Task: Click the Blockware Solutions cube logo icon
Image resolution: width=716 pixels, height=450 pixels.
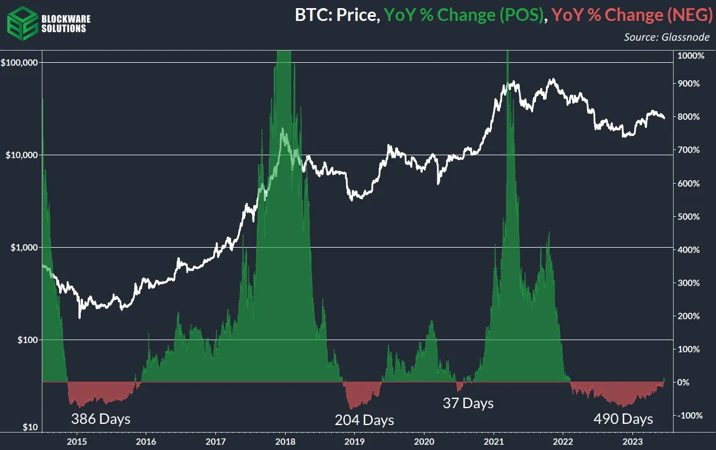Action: coord(21,22)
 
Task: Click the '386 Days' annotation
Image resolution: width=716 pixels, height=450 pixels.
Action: coord(100,419)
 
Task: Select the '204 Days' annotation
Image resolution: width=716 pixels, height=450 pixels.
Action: coord(364,420)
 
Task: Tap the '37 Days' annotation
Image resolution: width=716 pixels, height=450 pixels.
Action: coord(468,403)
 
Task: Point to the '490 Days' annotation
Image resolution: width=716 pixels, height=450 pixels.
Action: coord(623,419)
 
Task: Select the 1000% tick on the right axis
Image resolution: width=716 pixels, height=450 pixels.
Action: coord(691,56)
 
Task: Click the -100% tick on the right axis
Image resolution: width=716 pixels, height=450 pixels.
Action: coord(689,416)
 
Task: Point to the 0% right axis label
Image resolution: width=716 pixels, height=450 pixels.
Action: coord(685,383)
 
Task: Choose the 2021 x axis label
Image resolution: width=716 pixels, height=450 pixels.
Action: coord(494,442)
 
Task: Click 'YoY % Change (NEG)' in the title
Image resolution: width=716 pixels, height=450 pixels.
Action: coord(630,16)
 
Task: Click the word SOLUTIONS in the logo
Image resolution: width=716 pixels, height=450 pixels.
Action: coord(64,28)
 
